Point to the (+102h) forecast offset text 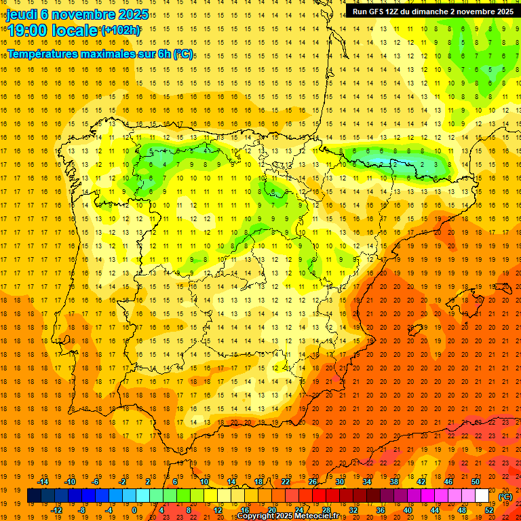tap(121, 31)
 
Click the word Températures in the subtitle tap(44, 54)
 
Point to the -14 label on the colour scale tap(43, 482)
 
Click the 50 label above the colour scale tap(476, 482)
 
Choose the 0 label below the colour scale tap(134, 510)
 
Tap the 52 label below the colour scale tap(489, 510)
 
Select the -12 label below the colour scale tap(56, 510)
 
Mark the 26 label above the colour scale tap(313, 482)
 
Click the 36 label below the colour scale tap(381, 510)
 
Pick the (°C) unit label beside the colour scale tap(505, 496)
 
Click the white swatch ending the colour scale tap(482, 496)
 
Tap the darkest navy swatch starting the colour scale tap(34, 496)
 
